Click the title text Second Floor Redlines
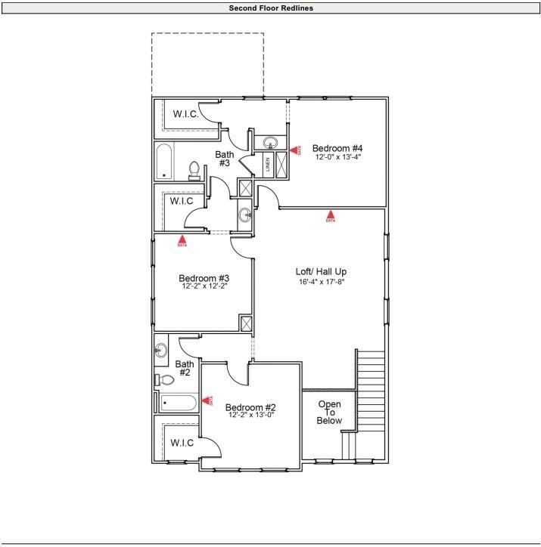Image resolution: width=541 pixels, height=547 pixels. [x=271, y=8]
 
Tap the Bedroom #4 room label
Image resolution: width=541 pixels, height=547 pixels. [x=337, y=148]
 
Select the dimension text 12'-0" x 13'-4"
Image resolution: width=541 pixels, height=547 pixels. [x=337, y=157]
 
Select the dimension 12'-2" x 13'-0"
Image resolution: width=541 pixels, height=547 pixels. [x=250, y=415]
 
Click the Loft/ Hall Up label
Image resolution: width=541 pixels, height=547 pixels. [x=321, y=271]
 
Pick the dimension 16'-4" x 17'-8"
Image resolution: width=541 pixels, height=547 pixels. [x=321, y=281]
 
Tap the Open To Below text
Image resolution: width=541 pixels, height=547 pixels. [x=329, y=413]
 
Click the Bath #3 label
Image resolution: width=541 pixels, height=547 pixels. [x=225, y=159]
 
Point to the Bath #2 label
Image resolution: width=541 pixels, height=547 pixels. [x=185, y=369]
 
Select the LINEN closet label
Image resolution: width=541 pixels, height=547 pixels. [x=268, y=165]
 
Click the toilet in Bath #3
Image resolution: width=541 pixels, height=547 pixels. [x=194, y=170]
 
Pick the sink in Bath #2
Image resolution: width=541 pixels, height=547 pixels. [x=160, y=351]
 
